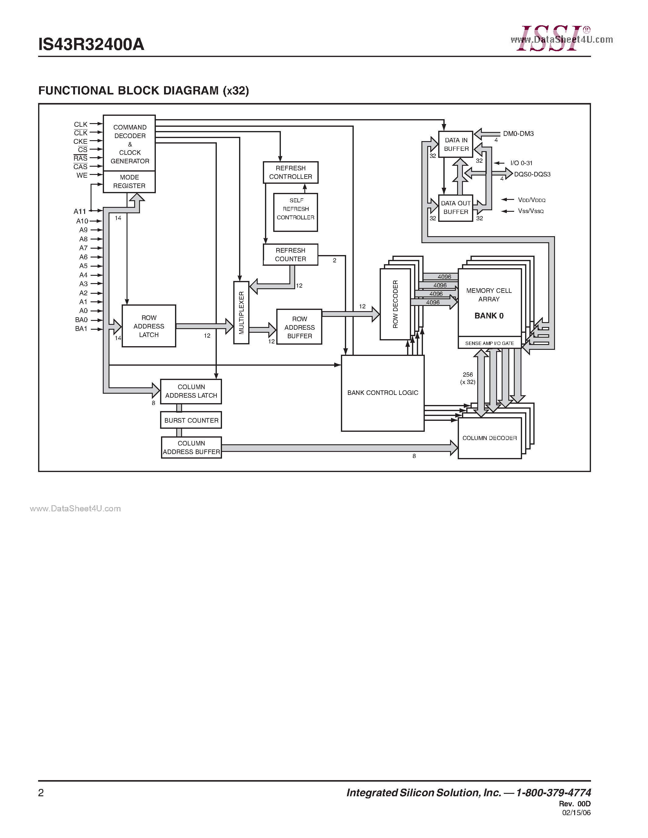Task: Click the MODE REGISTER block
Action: pyautogui.click(x=129, y=182)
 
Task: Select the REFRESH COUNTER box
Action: pyautogui.click(x=290, y=254)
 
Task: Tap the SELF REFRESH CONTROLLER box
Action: pyautogui.click(x=295, y=212)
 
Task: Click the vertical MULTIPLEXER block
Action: pyautogui.click(x=241, y=312)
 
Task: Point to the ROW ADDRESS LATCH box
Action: pyautogui.click(x=149, y=326)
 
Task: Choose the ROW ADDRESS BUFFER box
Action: pyautogui.click(x=299, y=327)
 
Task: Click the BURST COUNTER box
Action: pyautogui.click(x=191, y=420)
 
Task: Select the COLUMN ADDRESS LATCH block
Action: pyautogui.click(x=191, y=391)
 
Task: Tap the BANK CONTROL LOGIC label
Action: pyautogui.click(x=382, y=392)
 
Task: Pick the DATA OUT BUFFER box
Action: pyautogui.click(x=456, y=208)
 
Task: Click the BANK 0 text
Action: pyautogui.click(x=489, y=316)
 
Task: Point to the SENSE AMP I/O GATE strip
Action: pyautogui.click(x=489, y=343)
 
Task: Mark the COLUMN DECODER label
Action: pyautogui.click(x=489, y=438)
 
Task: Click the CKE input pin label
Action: pyautogui.click(x=80, y=141)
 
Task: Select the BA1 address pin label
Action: pyautogui.click(x=81, y=329)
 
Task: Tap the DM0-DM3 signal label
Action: pyautogui.click(x=518, y=133)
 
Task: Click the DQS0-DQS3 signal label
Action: pyautogui.click(x=532, y=174)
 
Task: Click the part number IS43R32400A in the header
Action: pyautogui.click(x=91, y=44)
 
